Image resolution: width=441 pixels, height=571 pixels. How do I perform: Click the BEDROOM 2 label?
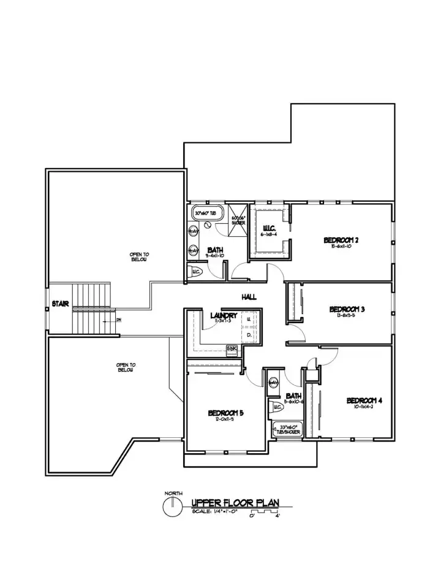click(x=341, y=240)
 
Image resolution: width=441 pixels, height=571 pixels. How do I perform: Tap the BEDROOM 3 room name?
click(x=347, y=309)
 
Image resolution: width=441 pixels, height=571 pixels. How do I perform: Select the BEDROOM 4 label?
click(x=364, y=401)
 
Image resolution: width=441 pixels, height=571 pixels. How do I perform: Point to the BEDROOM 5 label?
click(x=226, y=413)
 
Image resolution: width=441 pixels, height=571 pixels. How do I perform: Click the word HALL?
click(x=249, y=297)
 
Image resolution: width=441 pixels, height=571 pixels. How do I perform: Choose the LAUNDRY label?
click(x=223, y=316)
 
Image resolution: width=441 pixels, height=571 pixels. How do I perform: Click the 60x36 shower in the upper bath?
click(x=238, y=221)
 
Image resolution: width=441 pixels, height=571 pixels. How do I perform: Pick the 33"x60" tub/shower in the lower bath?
click(x=288, y=427)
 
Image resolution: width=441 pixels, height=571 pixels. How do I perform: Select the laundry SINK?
click(x=232, y=348)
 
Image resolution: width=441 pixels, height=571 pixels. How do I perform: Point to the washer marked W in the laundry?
click(x=249, y=320)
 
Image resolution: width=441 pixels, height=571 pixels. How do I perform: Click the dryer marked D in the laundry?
click(x=249, y=335)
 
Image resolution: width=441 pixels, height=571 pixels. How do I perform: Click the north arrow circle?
click(x=174, y=507)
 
